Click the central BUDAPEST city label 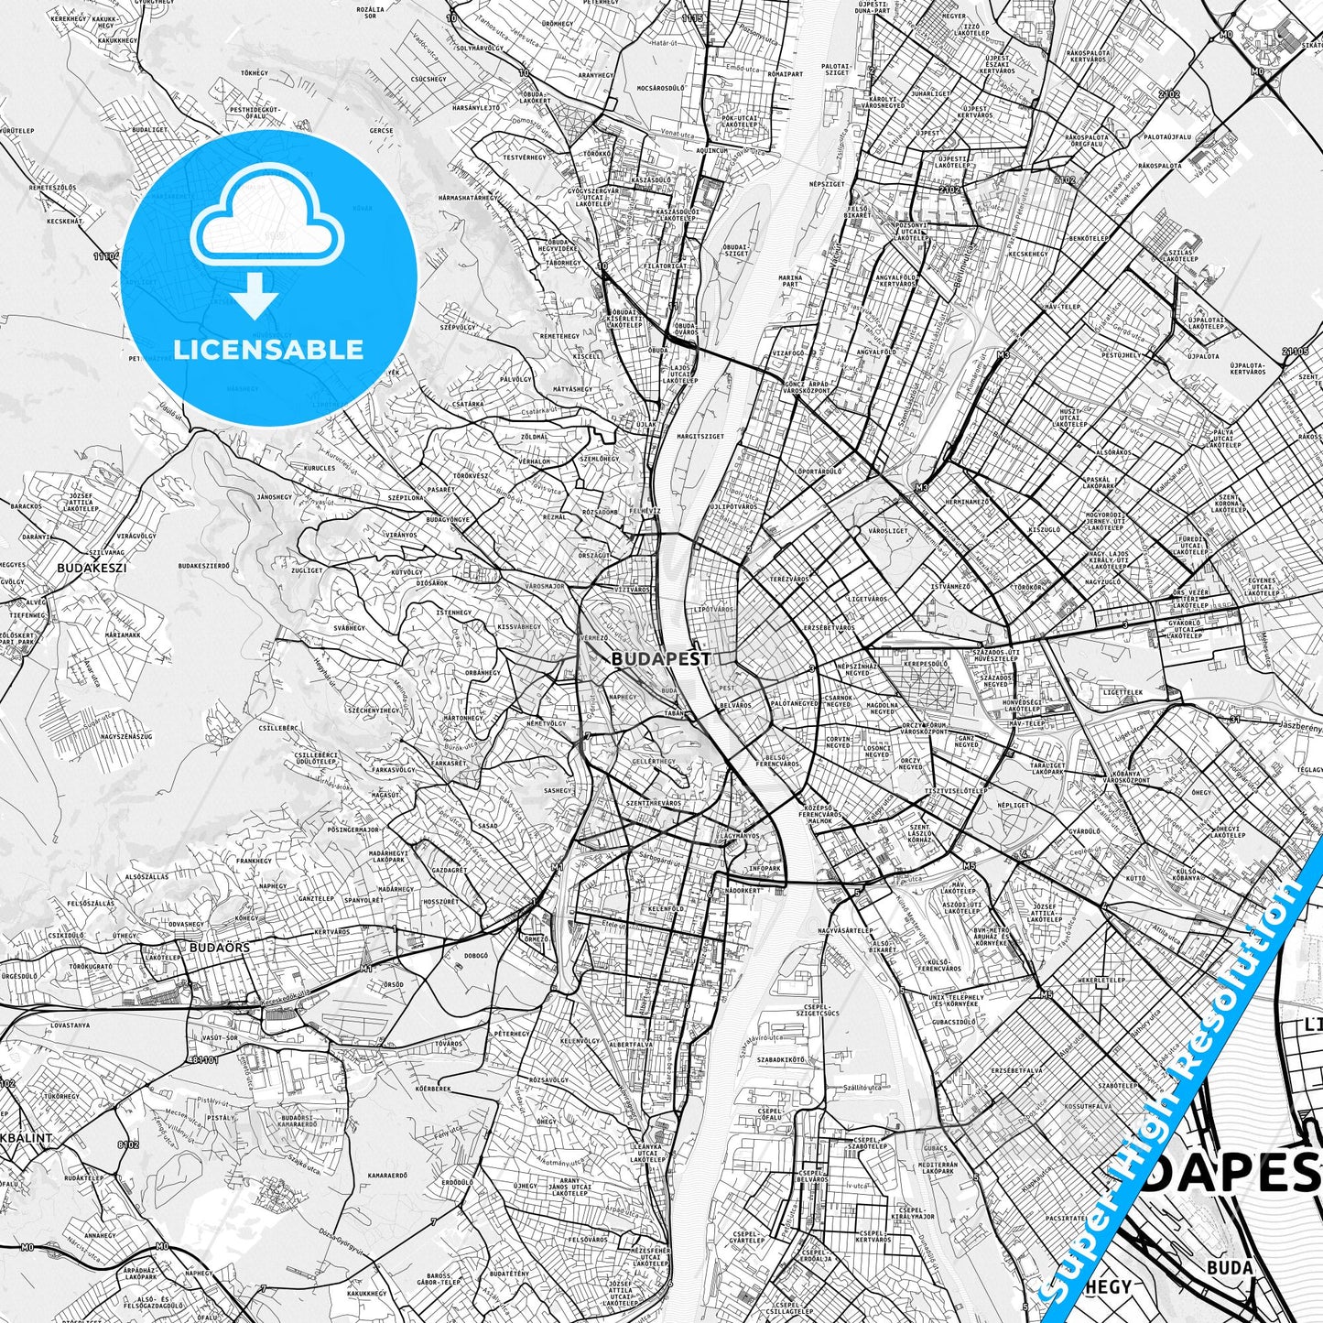point(660,658)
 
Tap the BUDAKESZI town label point(91,568)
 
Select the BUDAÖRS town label point(219,947)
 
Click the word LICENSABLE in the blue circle point(268,349)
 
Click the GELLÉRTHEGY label point(654,761)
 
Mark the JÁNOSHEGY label point(274,497)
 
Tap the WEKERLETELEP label point(1101,979)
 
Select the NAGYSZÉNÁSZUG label point(125,735)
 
